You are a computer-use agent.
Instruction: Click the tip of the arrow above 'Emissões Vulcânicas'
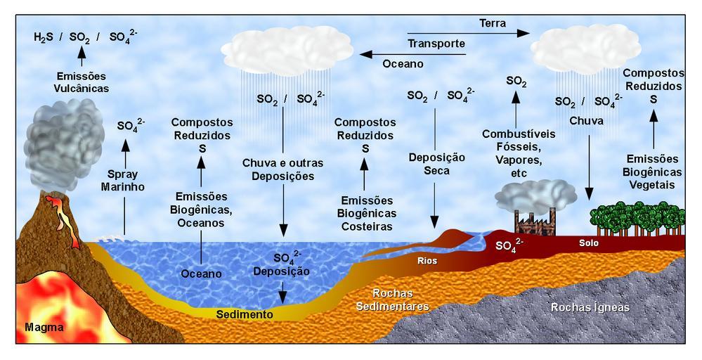click(81, 46)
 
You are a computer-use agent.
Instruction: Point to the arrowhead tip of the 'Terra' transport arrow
click(530, 33)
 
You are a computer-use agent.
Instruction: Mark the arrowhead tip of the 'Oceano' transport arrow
click(360, 55)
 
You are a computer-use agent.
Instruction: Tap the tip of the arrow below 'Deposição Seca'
click(434, 229)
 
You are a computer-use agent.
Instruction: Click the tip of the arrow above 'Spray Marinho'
click(125, 140)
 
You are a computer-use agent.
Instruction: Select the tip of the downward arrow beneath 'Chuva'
click(589, 200)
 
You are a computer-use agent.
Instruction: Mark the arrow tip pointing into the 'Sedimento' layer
click(282, 304)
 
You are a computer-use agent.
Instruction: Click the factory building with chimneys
click(535, 222)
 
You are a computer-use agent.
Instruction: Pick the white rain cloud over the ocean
click(287, 50)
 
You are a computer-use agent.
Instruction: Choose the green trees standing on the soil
click(637, 219)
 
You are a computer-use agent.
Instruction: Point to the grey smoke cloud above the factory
click(535, 196)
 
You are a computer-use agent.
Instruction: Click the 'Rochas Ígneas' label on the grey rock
click(590, 307)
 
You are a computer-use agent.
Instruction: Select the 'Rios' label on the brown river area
click(427, 261)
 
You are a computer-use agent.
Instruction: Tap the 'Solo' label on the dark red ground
click(589, 243)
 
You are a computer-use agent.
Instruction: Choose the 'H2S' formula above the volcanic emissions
click(44, 37)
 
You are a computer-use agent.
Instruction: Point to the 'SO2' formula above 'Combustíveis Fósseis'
click(516, 82)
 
